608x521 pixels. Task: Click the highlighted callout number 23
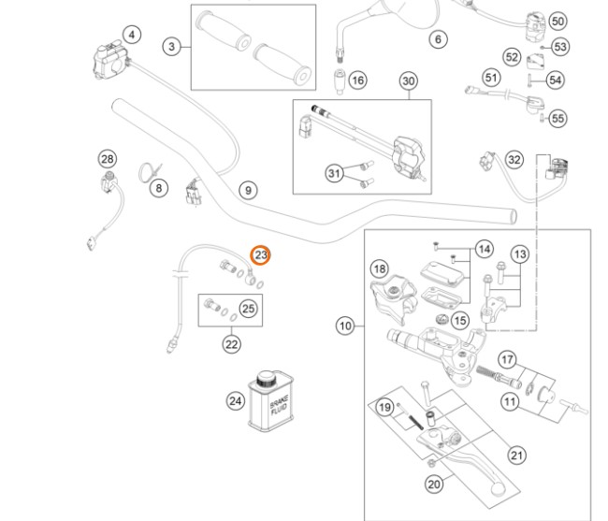[x=260, y=254]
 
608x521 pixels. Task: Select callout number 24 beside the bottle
[x=235, y=401]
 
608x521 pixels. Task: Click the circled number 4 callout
[x=132, y=36]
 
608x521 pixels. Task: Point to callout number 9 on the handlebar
[x=248, y=191]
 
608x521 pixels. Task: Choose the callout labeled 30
[x=409, y=81]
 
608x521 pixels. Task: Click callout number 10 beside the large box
[x=346, y=326]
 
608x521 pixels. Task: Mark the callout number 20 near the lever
[x=434, y=484]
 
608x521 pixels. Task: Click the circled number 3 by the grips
[x=171, y=46]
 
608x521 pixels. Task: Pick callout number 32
[x=514, y=160]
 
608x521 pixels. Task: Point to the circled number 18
[x=379, y=269]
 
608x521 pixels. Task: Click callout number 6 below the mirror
[x=437, y=40]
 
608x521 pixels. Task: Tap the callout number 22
[x=231, y=343]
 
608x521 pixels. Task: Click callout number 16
[x=358, y=81]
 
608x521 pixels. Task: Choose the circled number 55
[x=558, y=119]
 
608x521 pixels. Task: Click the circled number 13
[x=520, y=253]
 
